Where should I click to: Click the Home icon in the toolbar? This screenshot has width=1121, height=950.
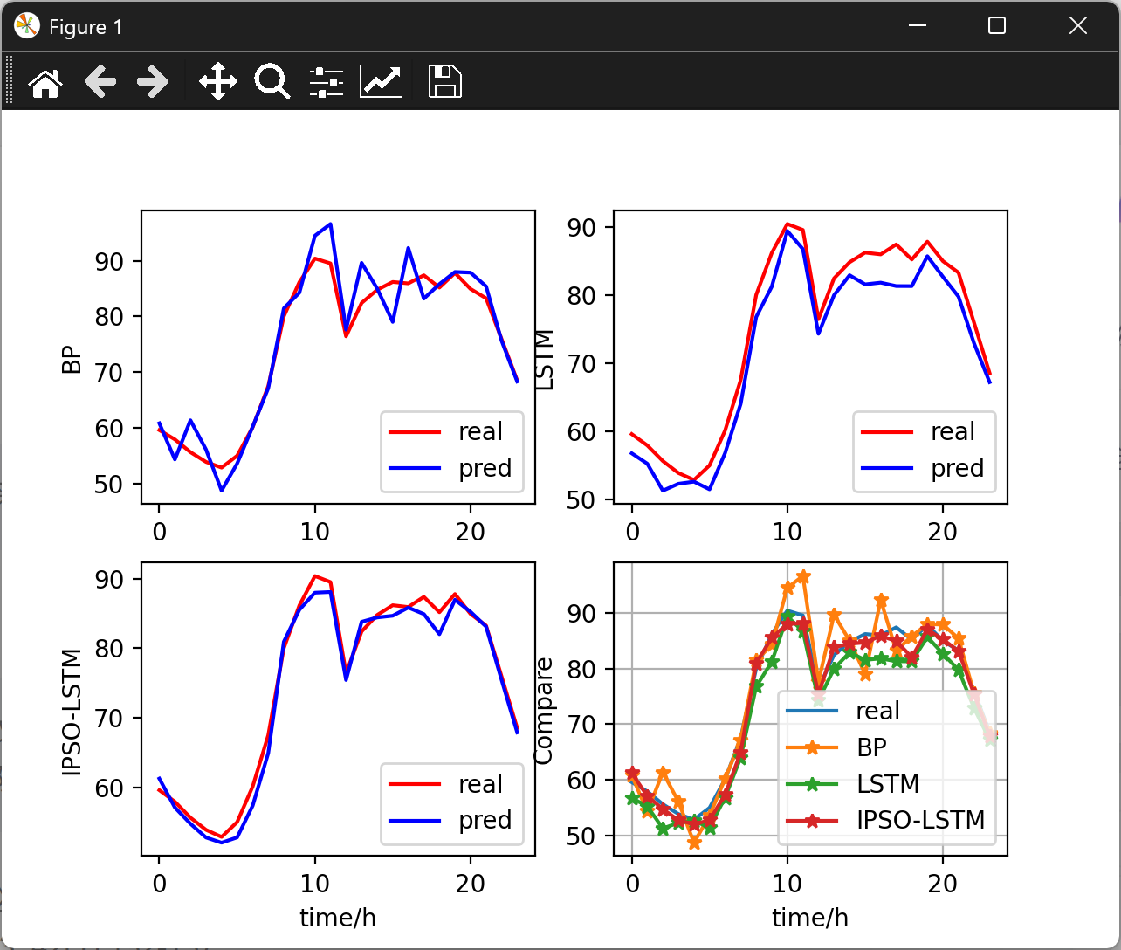click(x=45, y=83)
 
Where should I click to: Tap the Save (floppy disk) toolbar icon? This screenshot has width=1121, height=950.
click(x=444, y=82)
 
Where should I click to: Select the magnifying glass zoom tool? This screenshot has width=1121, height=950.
click(x=272, y=82)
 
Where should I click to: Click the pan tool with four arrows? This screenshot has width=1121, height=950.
click(x=217, y=82)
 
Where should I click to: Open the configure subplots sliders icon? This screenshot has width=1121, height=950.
click(x=327, y=82)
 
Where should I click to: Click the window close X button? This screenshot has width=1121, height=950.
click(x=1078, y=26)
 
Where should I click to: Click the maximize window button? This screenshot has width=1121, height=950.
click(x=997, y=26)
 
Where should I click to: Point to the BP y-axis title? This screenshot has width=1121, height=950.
click(x=72, y=360)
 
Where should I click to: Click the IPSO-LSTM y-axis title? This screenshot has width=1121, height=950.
click(x=72, y=712)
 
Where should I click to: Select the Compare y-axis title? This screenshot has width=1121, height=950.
click(x=544, y=712)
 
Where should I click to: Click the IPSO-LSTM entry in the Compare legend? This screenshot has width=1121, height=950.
click(x=920, y=820)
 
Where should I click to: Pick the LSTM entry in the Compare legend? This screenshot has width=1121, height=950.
click(x=888, y=783)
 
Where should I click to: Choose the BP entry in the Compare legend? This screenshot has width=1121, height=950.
click(x=871, y=747)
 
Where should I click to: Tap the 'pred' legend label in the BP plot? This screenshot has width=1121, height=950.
click(x=485, y=468)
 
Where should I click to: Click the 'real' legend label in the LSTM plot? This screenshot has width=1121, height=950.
click(x=953, y=431)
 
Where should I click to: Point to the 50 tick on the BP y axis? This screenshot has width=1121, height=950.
click(x=110, y=485)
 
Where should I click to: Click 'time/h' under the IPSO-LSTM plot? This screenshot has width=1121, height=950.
click(x=338, y=918)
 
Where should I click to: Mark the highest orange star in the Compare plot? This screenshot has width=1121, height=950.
click(x=803, y=577)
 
